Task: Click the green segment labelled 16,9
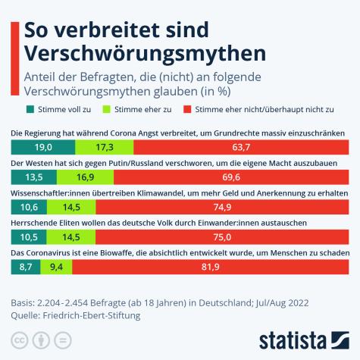tap(86, 177)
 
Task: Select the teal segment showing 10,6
tap(29, 208)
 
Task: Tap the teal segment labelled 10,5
tap(29, 237)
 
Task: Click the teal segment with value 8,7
tap(26, 268)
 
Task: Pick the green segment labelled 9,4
tap(56, 268)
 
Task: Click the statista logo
tap(303, 339)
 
